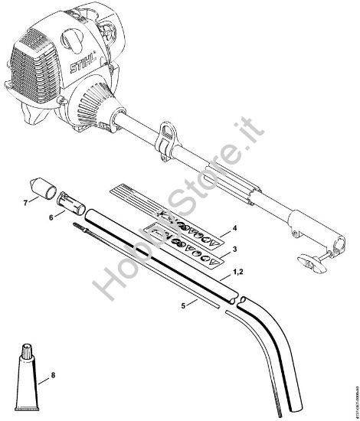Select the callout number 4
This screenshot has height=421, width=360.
click(x=235, y=228)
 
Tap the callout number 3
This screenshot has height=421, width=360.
click(x=235, y=250)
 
